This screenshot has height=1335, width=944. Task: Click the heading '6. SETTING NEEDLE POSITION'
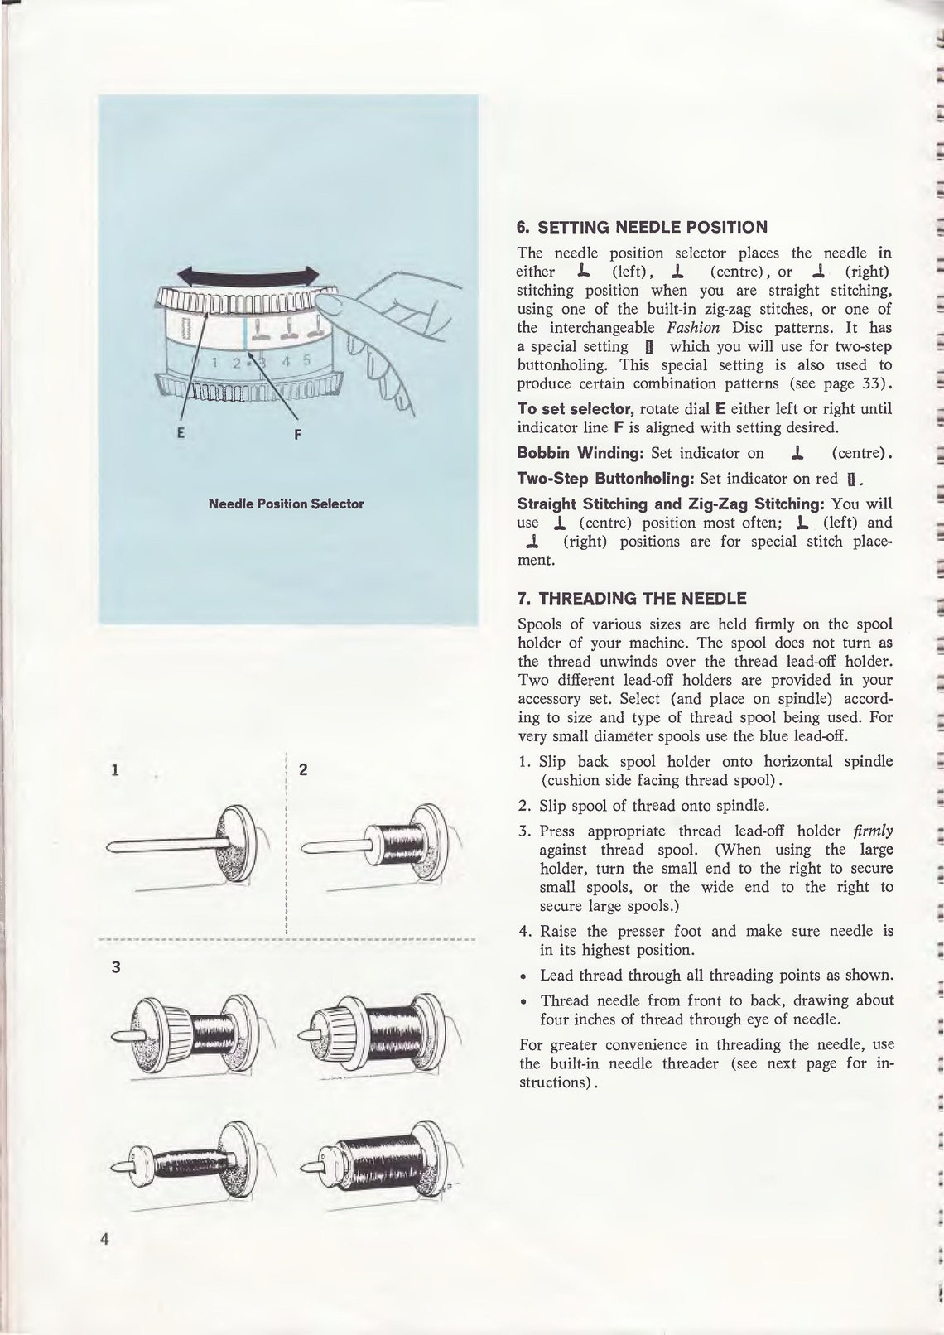point(642,227)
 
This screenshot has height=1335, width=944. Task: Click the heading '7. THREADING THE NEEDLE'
point(631,598)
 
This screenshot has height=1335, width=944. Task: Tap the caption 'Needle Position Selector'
point(287,504)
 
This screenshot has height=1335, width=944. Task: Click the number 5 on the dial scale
point(306,360)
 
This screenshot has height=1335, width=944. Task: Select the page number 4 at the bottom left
point(105,1263)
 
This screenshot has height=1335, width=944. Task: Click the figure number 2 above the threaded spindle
point(303,769)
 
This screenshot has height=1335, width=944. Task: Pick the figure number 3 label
point(116,966)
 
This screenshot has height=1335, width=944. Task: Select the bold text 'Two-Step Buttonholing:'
point(606,478)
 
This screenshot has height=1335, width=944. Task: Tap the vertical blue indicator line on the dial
point(245,341)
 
